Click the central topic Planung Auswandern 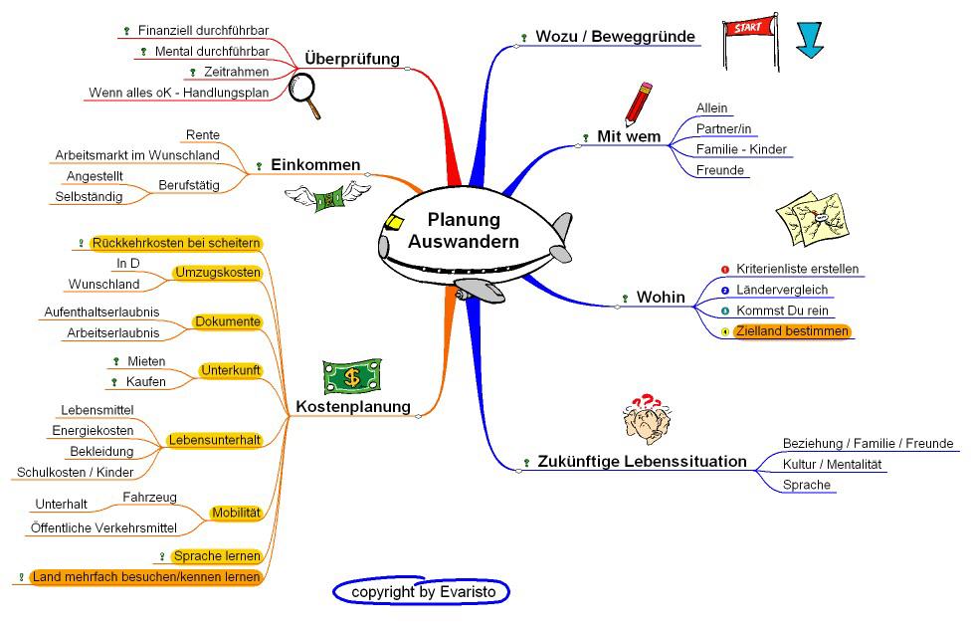click(x=464, y=231)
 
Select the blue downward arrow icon click(x=812, y=39)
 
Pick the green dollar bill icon click(x=352, y=377)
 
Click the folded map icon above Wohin click(x=811, y=220)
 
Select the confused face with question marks click(x=644, y=419)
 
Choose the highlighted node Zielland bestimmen click(x=792, y=331)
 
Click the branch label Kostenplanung click(x=353, y=406)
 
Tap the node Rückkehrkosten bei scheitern click(x=175, y=243)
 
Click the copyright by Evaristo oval click(x=422, y=592)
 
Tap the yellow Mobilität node click(x=236, y=514)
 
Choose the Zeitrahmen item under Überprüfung click(x=235, y=72)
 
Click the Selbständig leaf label click(x=90, y=196)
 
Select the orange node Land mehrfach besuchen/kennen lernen click(x=146, y=576)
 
